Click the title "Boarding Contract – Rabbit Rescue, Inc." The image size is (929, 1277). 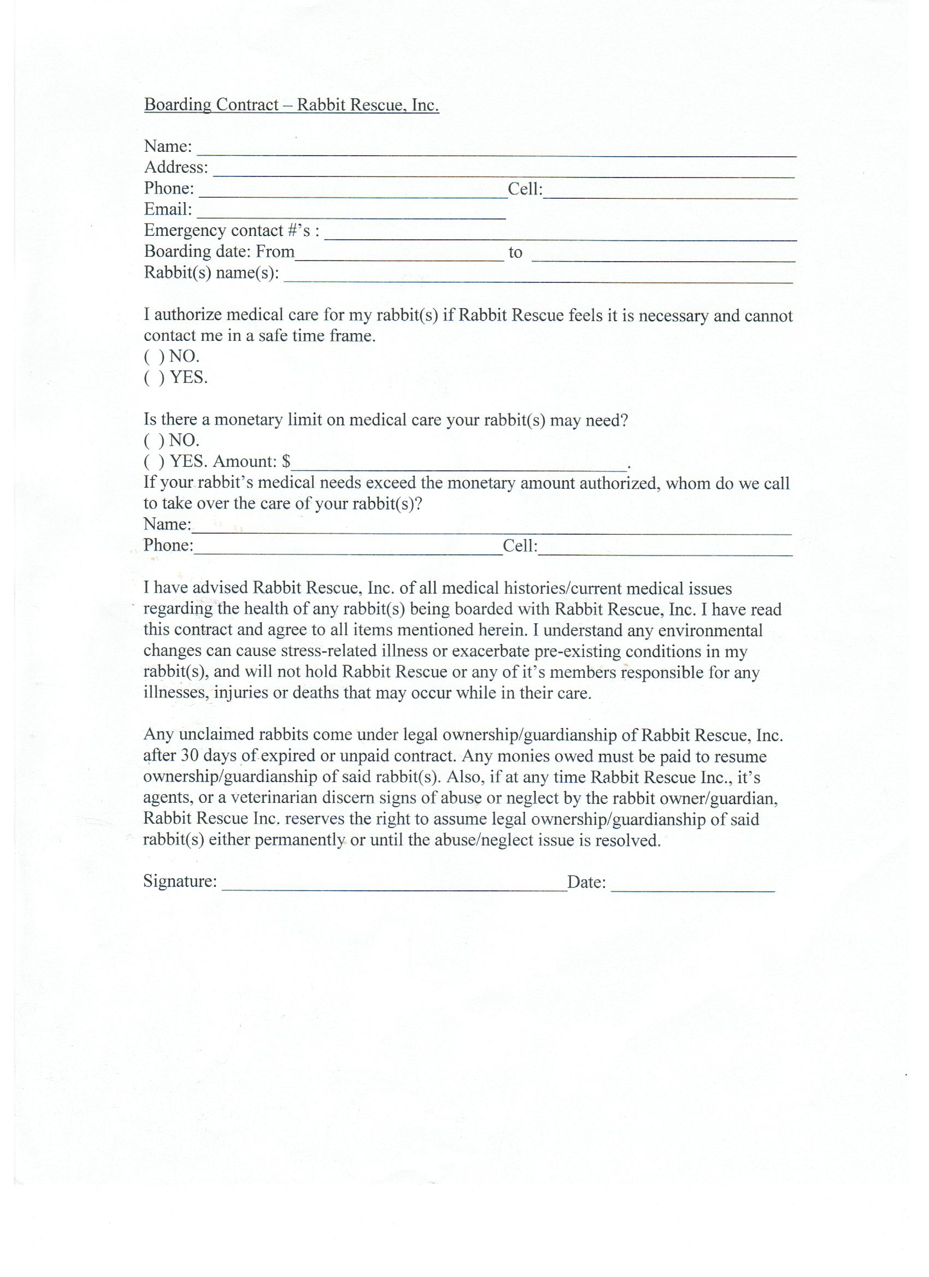291,105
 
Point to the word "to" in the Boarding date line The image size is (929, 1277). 515,253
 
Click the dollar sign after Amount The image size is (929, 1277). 286,462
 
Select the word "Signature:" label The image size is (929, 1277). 180,881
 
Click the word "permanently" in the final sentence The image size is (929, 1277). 299,841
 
